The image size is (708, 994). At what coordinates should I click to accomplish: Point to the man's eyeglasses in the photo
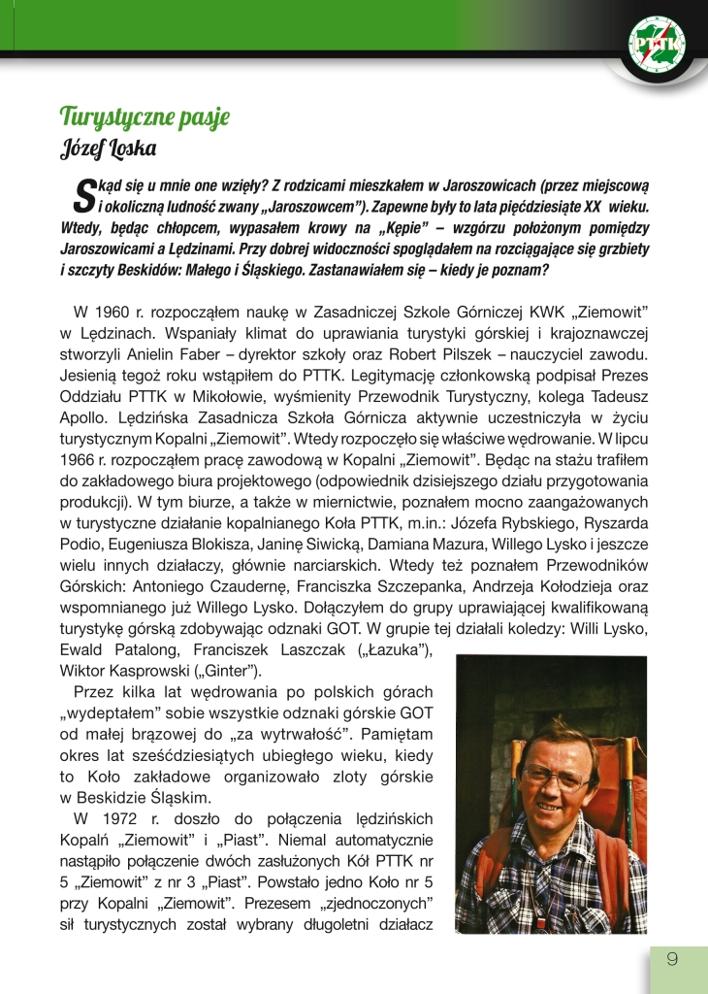coord(558,777)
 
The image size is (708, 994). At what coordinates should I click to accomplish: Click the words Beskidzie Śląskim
coord(144,797)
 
